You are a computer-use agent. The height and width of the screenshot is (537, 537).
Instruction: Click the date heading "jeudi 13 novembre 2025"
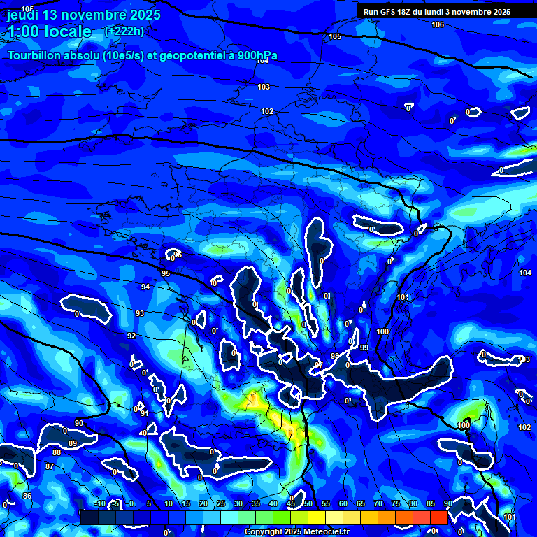click(x=84, y=15)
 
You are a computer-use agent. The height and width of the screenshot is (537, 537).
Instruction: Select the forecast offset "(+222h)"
click(x=124, y=31)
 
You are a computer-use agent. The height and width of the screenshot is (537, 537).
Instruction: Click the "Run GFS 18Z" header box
click(x=437, y=11)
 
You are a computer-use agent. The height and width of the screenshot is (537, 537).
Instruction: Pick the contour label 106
click(x=438, y=24)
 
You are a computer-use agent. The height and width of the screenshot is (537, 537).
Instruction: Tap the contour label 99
click(x=364, y=348)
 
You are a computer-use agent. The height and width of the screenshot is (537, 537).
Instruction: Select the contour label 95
click(x=165, y=273)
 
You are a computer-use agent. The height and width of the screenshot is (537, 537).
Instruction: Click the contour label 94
click(x=145, y=287)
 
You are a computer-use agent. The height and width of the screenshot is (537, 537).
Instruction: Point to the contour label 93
click(x=140, y=313)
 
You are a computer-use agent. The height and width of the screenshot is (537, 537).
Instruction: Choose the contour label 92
click(x=131, y=336)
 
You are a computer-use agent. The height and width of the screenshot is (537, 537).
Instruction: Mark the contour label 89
click(x=73, y=444)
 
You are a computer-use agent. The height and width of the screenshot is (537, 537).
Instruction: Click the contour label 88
click(x=57, y=452)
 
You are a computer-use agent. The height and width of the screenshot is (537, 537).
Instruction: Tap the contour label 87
click(x=49, y=466)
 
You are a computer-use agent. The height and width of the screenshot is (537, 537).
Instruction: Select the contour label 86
click(x=27, y=496)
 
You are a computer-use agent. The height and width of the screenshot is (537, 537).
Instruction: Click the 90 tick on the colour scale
click(x=447, y=503)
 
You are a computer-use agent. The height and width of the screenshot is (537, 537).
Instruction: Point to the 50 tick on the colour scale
click(x=308, y=503)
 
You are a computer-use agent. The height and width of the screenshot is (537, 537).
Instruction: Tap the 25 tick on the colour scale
click(x=220, y=503)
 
